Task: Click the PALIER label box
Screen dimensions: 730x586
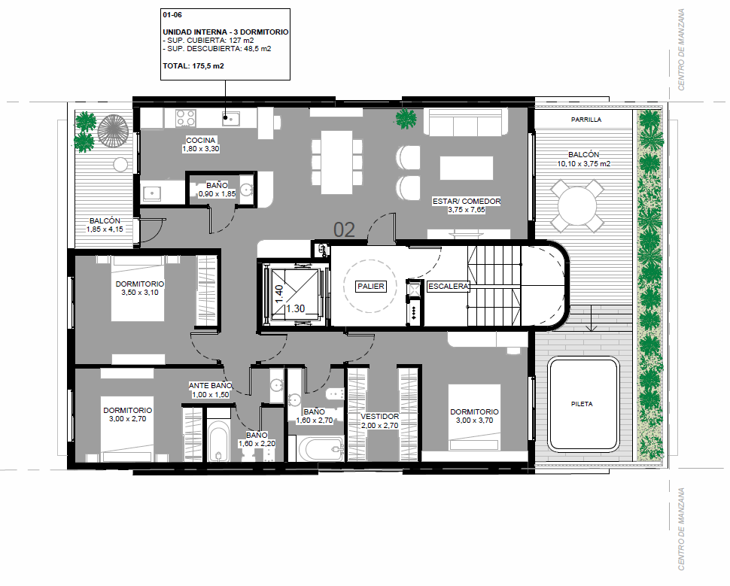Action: (370, 287)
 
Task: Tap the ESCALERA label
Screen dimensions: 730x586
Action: (449, 287)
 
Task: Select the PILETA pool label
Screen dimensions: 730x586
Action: (582, 404)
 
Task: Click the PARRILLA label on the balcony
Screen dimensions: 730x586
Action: (586, 120)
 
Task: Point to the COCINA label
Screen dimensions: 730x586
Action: (201, 140)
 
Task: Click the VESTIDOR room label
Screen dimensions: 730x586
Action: (380, 417)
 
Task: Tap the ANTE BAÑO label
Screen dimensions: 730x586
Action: (210, 386)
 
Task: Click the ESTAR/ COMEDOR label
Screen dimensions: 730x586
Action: (467, 201)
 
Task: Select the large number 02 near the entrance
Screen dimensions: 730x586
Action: (344, 230)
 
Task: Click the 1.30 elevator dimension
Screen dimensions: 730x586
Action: (296, 308)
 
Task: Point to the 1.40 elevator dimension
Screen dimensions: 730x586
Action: (279, 293)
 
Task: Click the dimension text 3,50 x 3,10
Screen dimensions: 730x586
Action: (140, 293)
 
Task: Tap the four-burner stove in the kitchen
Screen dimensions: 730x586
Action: (186, 118)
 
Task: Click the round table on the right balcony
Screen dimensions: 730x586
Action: (577, 206)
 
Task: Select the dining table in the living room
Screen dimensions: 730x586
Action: (336, 162)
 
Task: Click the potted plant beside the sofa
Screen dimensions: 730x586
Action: (406, 119)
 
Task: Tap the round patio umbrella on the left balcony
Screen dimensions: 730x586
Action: (113, 131)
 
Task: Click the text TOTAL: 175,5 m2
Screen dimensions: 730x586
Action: (193, 66)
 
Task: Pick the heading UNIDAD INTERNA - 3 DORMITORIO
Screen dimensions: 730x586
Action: (226, 32)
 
